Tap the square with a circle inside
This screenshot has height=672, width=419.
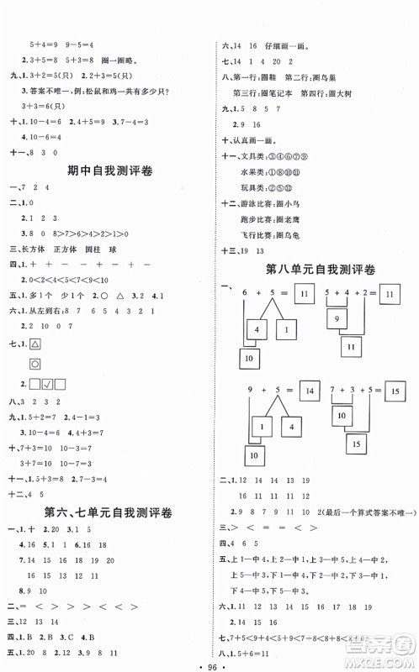click(36, 364)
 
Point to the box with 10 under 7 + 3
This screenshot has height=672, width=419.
click(342, 415)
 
